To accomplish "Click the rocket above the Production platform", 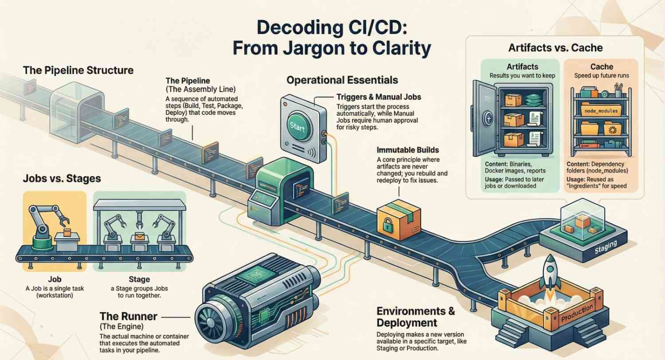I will tap(550, 272).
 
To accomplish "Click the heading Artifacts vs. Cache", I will tap(555, 47).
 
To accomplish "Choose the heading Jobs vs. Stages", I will tap(62, 179).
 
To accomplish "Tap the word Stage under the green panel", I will tap(139, 280).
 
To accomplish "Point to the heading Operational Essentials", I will tap(342, 80).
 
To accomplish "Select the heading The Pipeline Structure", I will tap(78, 70).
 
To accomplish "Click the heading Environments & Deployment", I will tap(415, 316).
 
